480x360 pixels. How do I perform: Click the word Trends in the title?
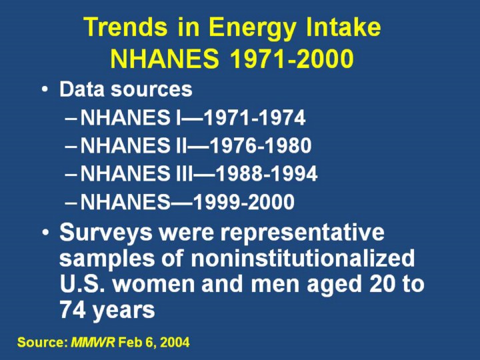coord(126,27)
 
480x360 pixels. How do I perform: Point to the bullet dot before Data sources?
coord(45,89)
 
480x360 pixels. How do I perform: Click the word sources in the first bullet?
coord(151,89)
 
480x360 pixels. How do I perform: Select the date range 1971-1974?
coord(255,117)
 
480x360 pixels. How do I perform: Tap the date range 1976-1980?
coord(261,145)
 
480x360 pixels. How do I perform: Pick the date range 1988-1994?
coord(267,173)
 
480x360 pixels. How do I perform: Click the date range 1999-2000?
coord(244,202)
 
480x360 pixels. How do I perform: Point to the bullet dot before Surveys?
coord(45,232)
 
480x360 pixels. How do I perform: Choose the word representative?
coord(302,233)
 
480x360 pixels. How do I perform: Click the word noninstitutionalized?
coord(303,258)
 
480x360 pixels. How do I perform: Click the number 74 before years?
coord(73,310)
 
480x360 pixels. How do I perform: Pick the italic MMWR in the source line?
coord(93,342)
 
